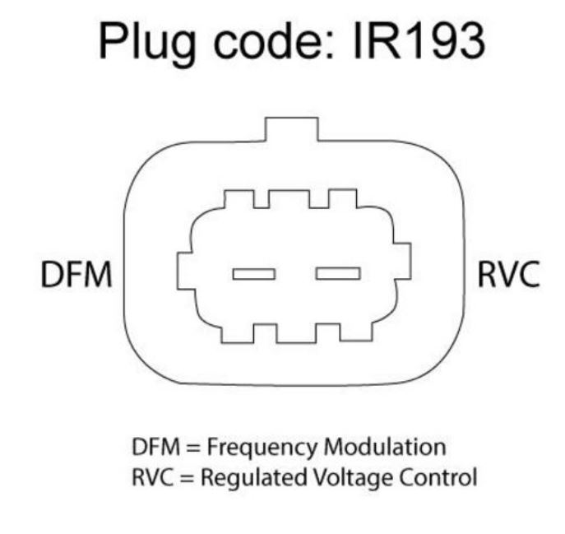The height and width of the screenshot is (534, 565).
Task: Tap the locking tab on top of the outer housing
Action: tap(291, 130)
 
